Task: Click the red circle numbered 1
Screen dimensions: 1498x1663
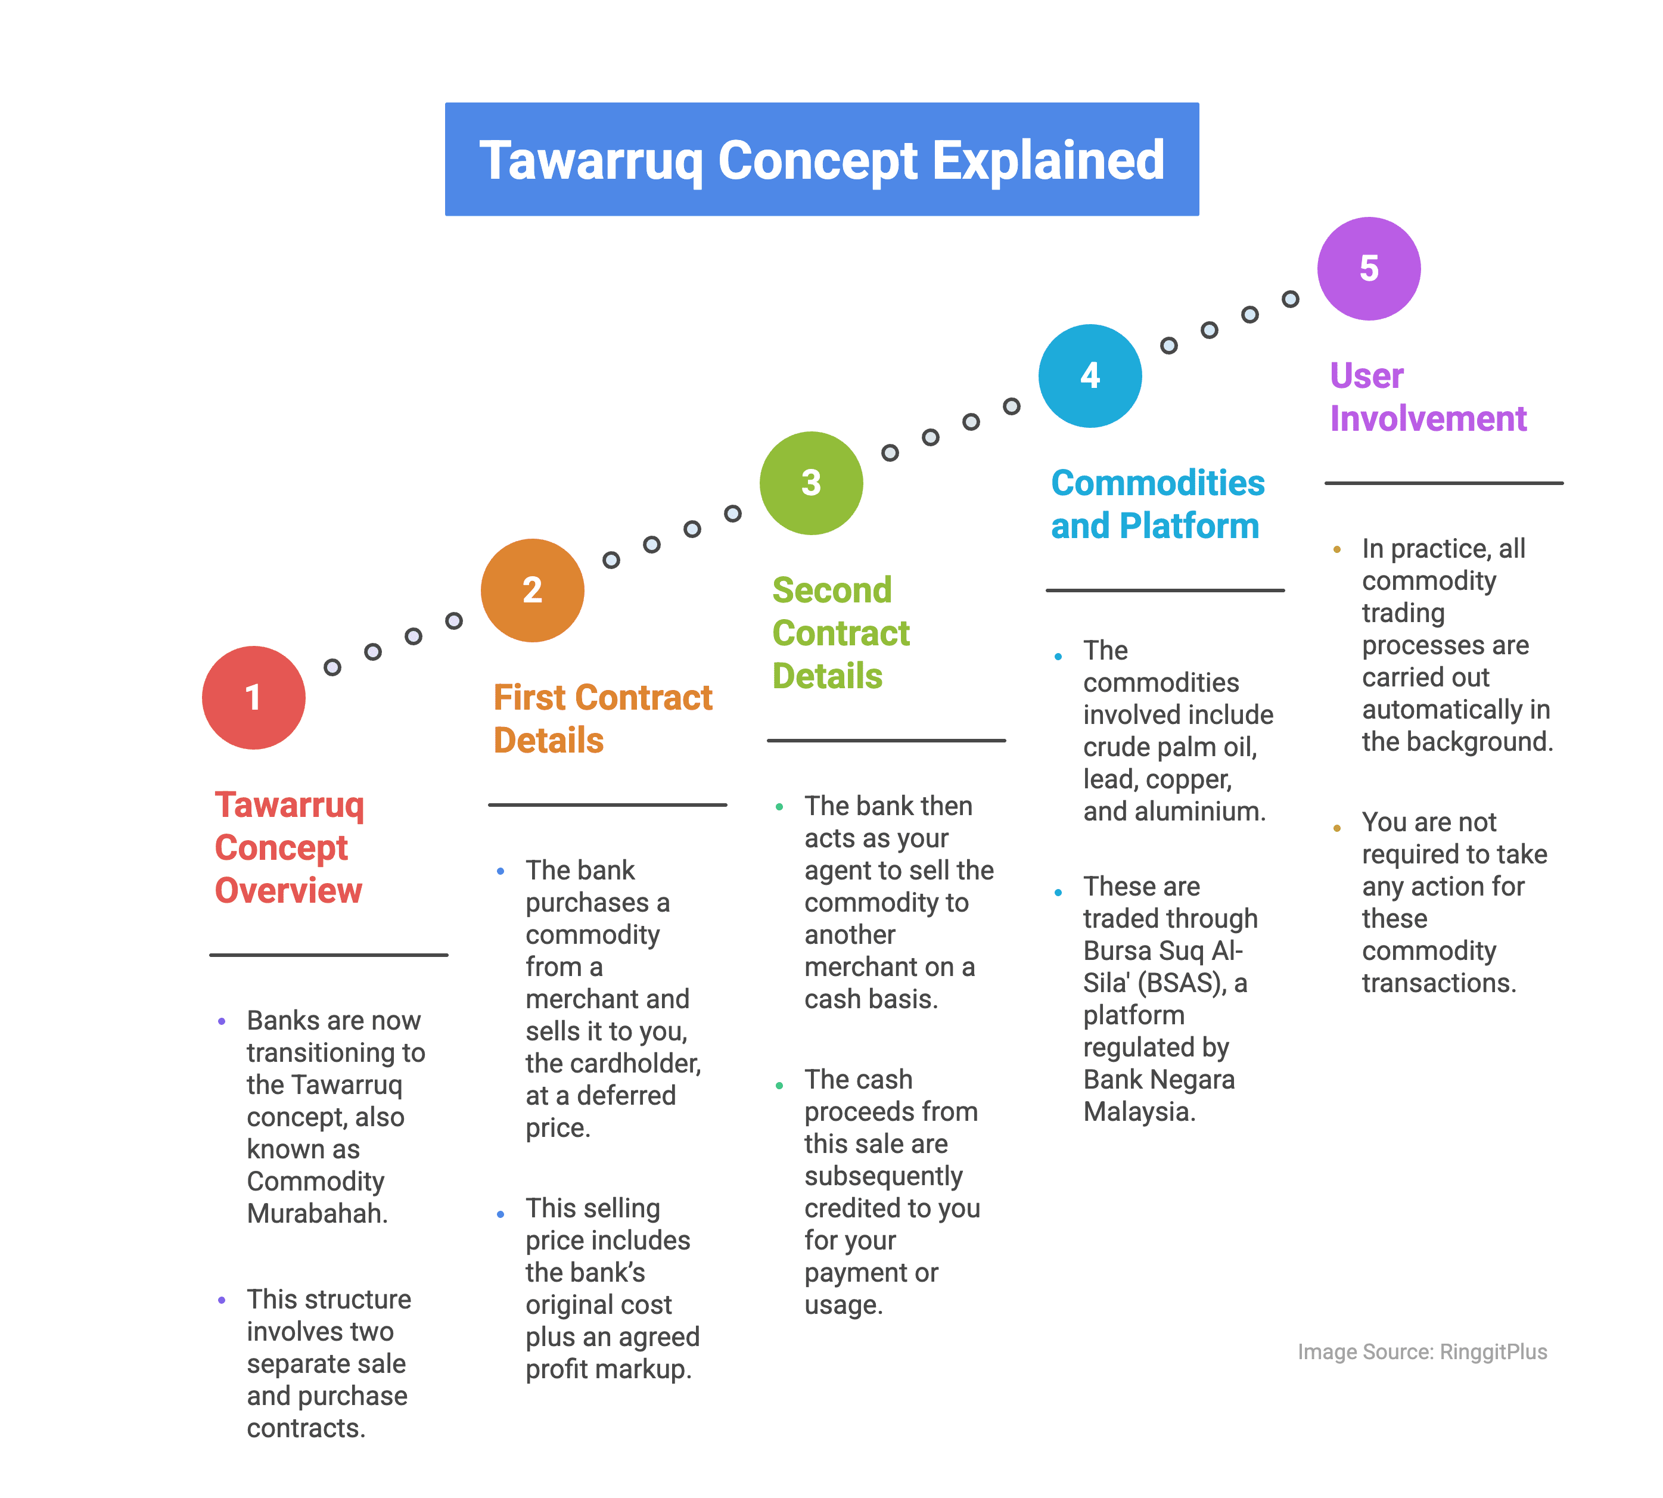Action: point(253,697)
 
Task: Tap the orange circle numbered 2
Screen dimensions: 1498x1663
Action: point(533,590)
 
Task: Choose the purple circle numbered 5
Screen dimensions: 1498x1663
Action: point(1369,268)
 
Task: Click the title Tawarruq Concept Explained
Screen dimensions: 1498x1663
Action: point(821,160)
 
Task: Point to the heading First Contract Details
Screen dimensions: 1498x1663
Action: point(602,719)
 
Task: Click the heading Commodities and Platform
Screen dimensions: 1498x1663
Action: point(1157,504)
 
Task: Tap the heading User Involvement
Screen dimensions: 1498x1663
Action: point(1428,397)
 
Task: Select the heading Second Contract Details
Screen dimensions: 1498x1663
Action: point(840,633)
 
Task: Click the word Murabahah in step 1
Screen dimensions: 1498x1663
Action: point(315,1213)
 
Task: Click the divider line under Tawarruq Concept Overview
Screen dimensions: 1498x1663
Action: point(328,955)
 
